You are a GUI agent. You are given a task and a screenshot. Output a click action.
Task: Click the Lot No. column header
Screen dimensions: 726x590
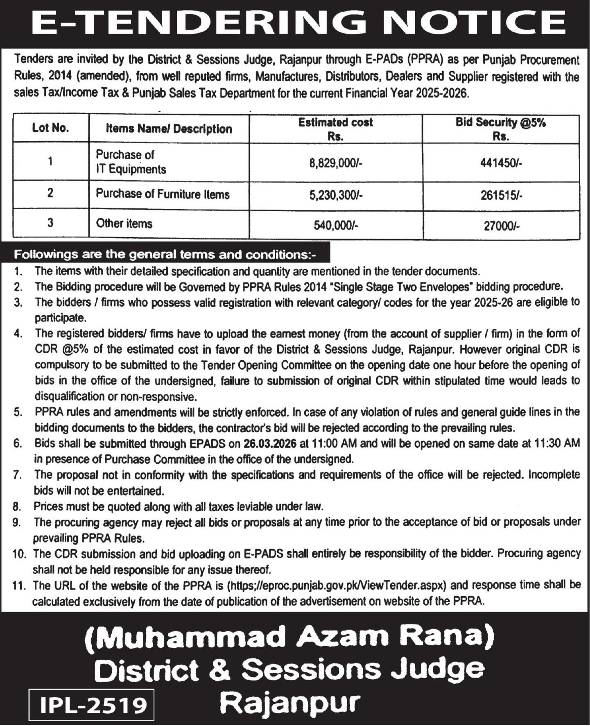50,128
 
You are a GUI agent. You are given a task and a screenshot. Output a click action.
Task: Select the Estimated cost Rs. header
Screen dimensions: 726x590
335,129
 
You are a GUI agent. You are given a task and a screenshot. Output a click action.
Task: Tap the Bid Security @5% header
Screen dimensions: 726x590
500,129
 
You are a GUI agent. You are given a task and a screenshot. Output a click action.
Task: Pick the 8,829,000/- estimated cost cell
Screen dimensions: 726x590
336,163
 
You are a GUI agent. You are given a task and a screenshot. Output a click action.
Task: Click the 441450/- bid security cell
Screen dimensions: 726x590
501,163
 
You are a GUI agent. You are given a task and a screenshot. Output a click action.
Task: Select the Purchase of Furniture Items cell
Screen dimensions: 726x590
163,194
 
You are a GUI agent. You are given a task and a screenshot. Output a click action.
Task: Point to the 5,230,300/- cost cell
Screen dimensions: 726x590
336,195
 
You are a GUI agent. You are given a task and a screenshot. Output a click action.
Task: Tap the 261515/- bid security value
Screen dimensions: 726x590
501,195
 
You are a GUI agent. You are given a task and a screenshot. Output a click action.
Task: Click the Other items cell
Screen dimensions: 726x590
124,224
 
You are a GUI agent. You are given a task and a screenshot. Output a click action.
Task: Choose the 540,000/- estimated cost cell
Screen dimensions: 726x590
336,225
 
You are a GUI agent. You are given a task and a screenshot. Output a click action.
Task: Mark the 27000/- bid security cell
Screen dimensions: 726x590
501,226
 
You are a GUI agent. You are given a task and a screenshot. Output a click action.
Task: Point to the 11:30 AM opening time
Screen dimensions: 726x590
557,443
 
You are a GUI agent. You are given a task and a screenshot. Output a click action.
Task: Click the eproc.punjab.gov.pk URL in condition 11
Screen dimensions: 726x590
336,586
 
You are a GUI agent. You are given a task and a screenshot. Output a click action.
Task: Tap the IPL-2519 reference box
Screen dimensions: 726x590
92,705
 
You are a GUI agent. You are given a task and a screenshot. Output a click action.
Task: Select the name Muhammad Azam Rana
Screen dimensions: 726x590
289,637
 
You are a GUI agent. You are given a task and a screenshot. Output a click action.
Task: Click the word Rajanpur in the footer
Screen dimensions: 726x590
290,703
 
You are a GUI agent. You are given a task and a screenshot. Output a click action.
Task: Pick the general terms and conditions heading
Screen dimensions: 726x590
165,254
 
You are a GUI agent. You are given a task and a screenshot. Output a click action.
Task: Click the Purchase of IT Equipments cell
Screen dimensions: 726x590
131,162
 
